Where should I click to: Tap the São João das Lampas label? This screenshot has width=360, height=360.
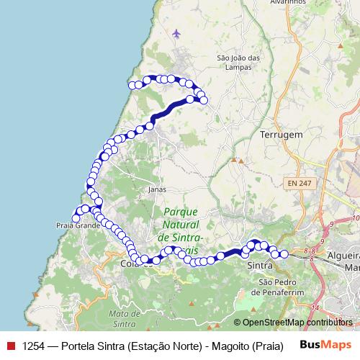238,62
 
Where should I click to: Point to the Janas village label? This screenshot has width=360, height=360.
156,190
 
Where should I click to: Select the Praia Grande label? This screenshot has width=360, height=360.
78,225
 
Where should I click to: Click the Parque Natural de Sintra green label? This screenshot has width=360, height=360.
181,225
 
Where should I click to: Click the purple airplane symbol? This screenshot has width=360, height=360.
177,33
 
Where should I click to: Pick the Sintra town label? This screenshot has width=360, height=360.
259,266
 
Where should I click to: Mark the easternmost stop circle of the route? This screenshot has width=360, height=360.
284,254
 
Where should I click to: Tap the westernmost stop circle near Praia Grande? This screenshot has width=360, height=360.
75,218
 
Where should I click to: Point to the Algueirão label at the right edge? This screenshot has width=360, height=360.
343,257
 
